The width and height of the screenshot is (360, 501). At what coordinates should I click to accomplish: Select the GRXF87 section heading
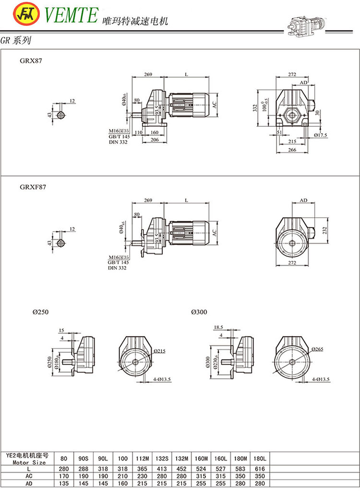(33, 187)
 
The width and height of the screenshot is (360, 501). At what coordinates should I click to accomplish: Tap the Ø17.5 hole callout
(320, 135)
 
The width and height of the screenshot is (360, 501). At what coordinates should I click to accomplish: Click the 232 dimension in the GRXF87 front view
(326, 230)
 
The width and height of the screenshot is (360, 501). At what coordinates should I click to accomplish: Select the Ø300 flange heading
(199, 312)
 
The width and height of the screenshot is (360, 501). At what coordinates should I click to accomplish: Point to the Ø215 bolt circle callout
(159, 351)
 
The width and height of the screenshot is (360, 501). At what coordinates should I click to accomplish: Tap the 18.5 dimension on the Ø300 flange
(218, 327)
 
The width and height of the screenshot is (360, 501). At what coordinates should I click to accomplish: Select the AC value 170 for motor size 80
(64, 476)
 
